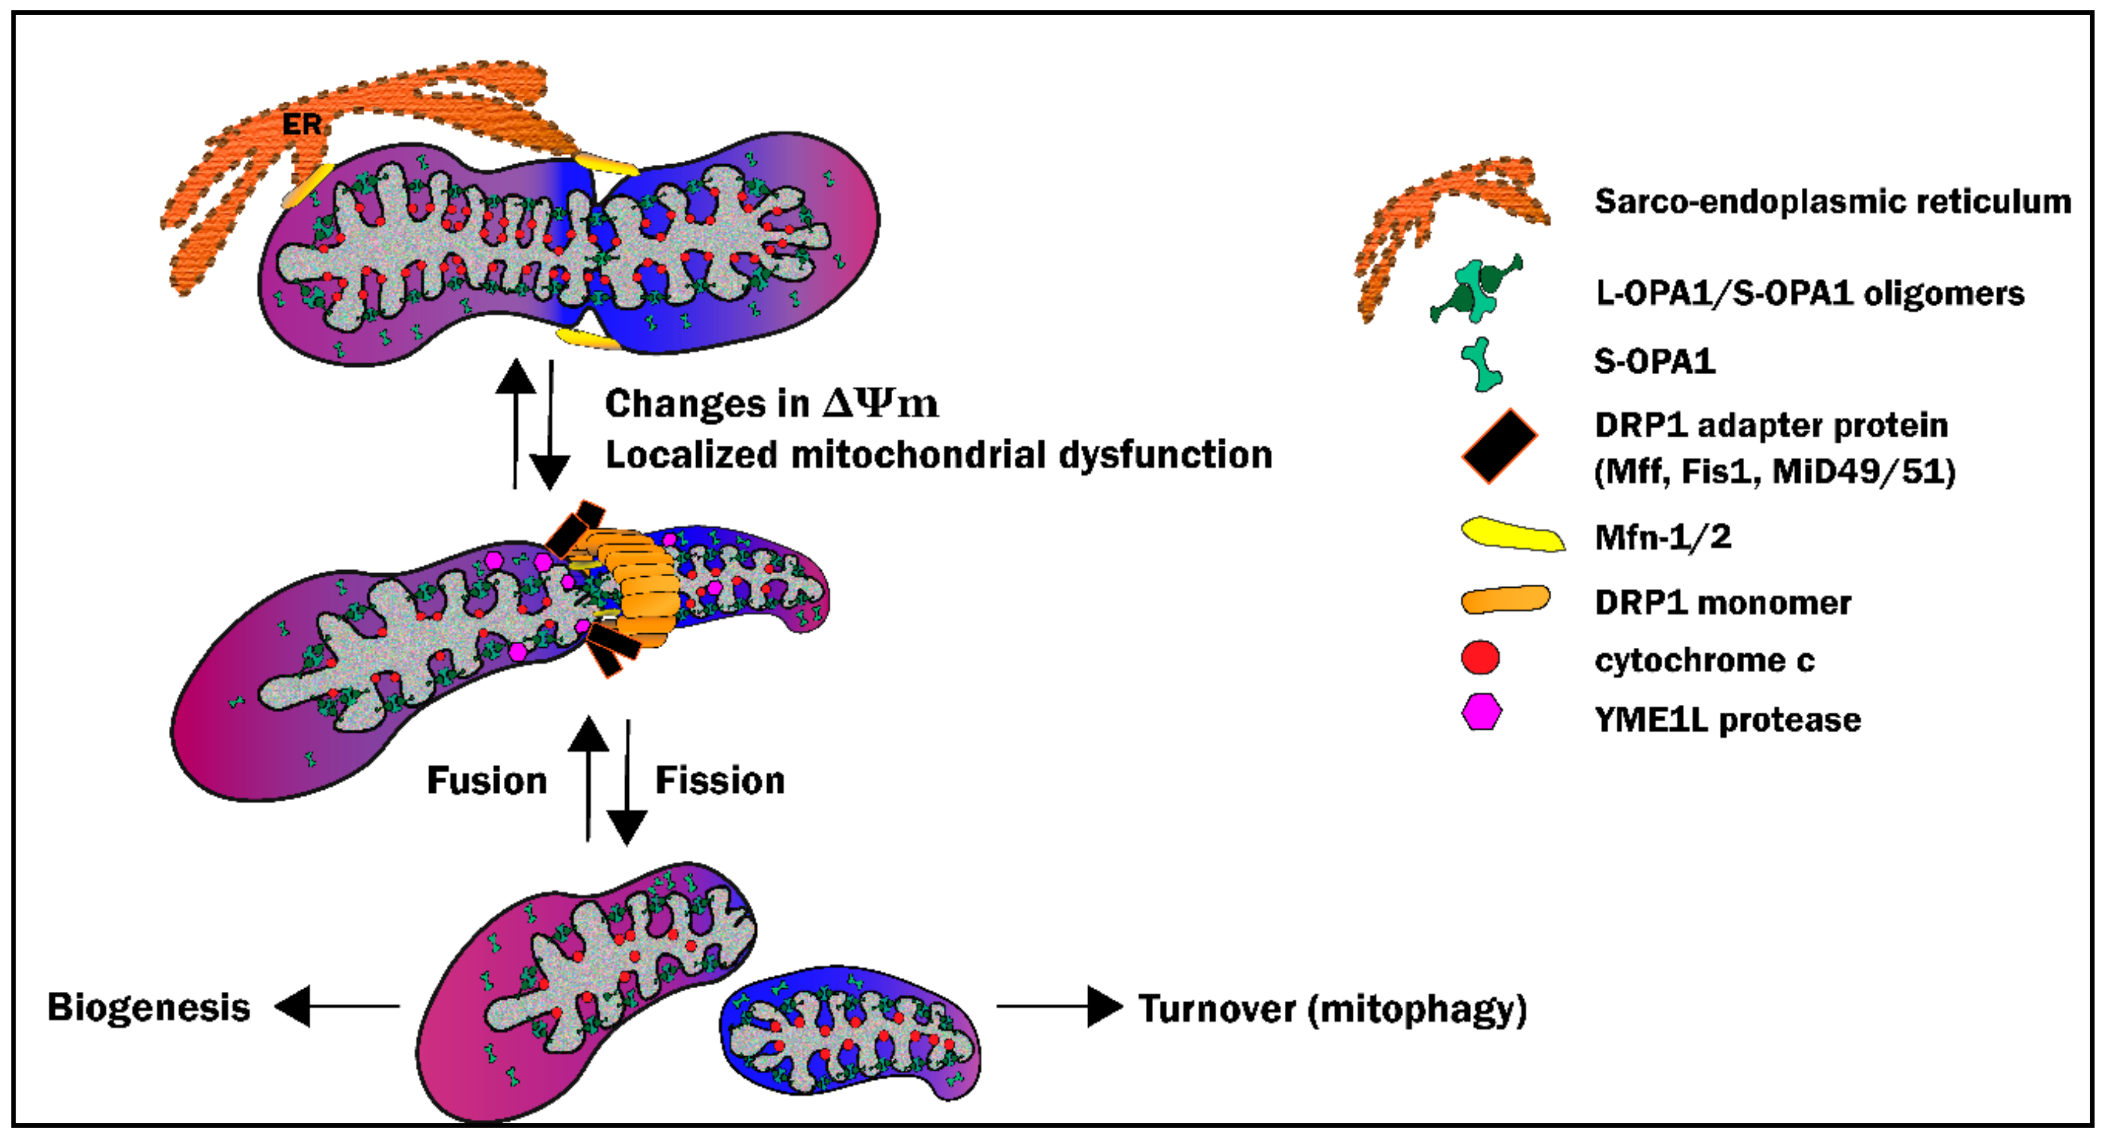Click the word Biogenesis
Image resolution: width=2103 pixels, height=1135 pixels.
click(148, 1007)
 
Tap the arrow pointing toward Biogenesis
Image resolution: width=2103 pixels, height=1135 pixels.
click(336, 1006)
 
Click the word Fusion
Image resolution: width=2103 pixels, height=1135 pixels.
click(486, 781)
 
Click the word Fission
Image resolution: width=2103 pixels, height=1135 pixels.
click(720, 781)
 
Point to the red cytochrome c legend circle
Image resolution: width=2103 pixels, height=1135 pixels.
click(1480, 657)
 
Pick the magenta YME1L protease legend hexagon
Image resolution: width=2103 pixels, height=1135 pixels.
click(1481, 712)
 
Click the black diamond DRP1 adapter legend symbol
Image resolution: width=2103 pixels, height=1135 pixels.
click(1499, 446)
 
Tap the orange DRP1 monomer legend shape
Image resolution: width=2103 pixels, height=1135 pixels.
click(1505, 600)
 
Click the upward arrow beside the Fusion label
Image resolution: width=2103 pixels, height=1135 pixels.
click(588, 776)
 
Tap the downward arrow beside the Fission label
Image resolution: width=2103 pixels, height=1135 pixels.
click(627, 784)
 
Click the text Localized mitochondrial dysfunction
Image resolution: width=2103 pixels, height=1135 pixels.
click(938, 454)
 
